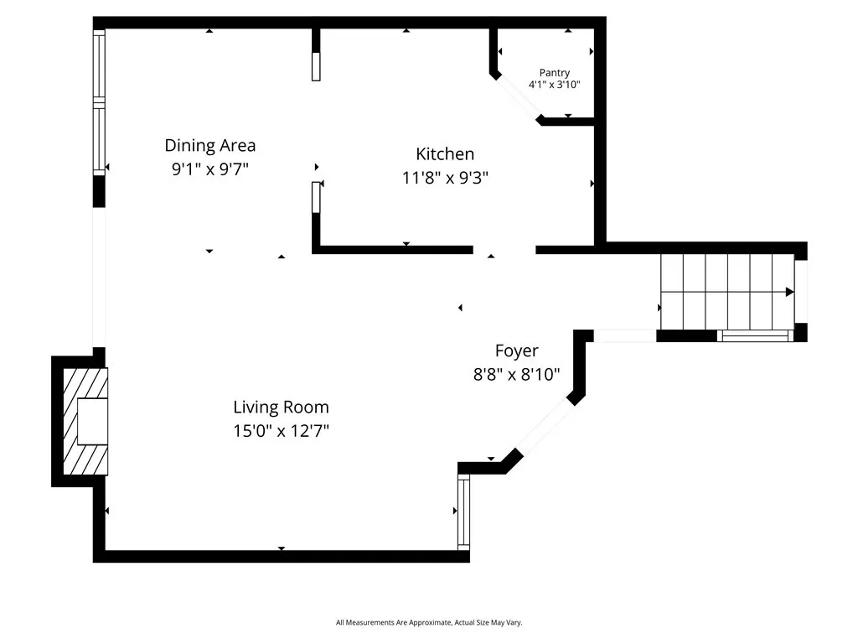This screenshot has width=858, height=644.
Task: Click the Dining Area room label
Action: (x=209, y=145)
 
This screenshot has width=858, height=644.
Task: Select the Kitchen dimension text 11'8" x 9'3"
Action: (x=445, y=178)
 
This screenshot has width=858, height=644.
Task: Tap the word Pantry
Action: (x=554, y=73)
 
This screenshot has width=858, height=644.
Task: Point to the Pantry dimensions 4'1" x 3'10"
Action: (x=554, y=85)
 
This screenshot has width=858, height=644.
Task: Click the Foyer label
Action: (x=516, y=351)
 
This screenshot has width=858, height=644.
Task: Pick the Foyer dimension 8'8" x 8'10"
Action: (x=516, y=375)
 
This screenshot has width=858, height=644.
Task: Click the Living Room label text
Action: (x=281, y=408)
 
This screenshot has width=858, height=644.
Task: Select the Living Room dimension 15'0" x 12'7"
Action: (x=281, y=431)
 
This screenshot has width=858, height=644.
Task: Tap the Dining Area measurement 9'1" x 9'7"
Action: (x=209, y=169)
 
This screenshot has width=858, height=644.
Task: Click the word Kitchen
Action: (x=445, y=153)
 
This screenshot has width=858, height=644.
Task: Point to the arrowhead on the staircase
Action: (x=789, y=292)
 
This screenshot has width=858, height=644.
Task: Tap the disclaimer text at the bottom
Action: (x=429, y=622)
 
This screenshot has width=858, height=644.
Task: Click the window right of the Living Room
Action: (x=463, y=512)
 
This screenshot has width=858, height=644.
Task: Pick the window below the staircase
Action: (x=755, y=336)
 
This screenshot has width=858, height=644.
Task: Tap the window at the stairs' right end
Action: (x=800, y=292)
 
